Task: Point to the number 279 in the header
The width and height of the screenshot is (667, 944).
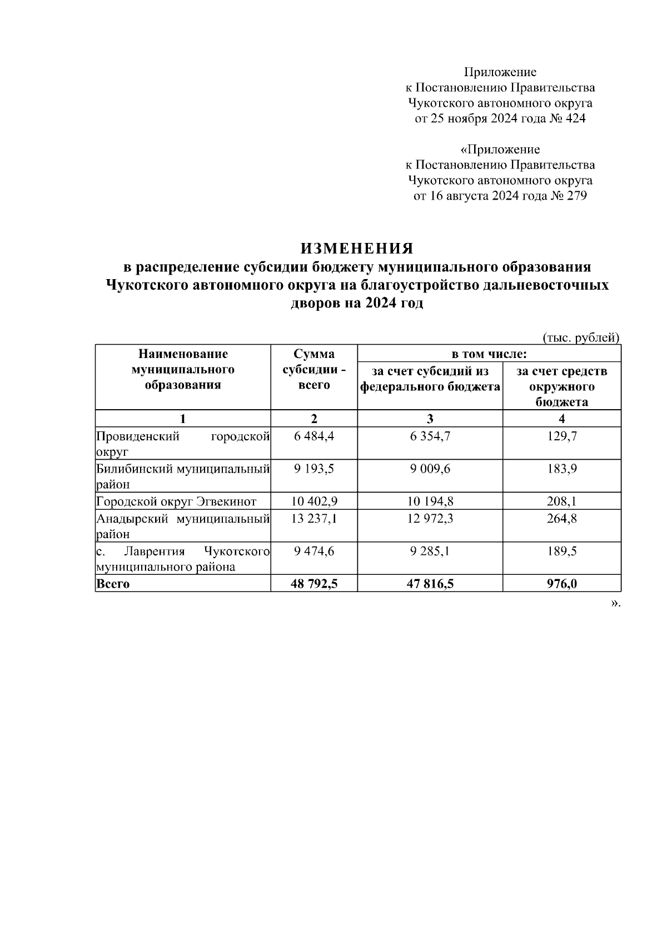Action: pos(576,196)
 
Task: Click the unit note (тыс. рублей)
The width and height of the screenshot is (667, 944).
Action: pos(580,337)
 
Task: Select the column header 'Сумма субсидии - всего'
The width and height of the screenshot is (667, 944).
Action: pos(314,370)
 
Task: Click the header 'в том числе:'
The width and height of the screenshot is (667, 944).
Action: pos(489,354)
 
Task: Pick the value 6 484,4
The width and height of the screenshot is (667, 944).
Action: pos(314,436)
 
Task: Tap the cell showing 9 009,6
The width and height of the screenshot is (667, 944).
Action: pos(430,469)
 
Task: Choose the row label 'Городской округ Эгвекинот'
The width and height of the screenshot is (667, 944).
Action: pos(176,501)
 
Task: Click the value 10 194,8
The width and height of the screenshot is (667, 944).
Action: pos(430,501)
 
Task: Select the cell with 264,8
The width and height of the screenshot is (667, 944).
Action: pos(562,519)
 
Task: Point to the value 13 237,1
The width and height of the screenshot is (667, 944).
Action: pos(314,519)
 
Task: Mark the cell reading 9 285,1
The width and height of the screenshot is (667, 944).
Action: pos(430,552)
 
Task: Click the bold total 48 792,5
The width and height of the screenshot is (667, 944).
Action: pos(314,584)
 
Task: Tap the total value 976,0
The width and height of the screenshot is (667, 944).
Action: pos(562,584)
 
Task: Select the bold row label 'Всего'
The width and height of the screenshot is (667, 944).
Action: pos(113,584)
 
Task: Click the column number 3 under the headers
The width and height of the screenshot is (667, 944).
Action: pos(430,419)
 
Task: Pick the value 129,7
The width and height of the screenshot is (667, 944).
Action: pos(562,436)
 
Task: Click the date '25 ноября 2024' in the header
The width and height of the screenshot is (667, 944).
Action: pos(474,118)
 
